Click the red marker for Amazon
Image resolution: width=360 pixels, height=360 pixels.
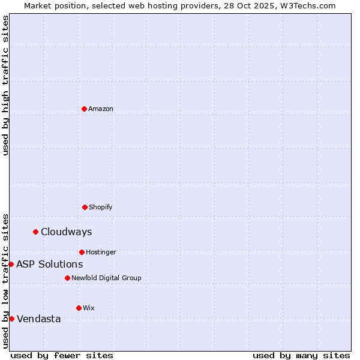[x=85, y=109]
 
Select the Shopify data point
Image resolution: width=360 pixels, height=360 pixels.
[x=85, y=207]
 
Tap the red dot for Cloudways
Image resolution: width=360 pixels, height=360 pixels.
[x=35, y=232]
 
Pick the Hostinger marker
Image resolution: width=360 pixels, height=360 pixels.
[x=82, y=252]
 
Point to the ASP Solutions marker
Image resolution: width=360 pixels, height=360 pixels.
[x=11, y=264]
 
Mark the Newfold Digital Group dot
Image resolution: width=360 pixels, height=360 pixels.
[x=67, y=278]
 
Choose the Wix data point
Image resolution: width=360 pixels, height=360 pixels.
[x=79, y=308]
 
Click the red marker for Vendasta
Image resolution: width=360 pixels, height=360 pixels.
[x=11, y=319]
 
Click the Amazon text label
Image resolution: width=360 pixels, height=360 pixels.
[x=101, y=109]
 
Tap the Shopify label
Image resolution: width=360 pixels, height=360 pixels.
[x=101, y=207]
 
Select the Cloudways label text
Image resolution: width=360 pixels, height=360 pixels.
[x=66, y=232]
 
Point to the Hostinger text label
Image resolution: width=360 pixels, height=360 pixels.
[x=101, y=252]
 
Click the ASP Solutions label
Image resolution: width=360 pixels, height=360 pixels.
[x=49, y=264]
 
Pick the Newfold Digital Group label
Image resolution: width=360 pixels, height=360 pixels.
[x=106, y=278]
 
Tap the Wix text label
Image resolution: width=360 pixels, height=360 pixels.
[x=89, y=308]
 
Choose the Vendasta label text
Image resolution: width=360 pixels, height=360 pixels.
[x=38, y=319]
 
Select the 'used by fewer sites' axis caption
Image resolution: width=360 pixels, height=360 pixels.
[x=62, y=355]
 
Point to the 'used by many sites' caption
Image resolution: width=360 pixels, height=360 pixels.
[x=301, y=355]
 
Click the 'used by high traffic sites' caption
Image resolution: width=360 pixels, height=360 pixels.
[x=5, y=85]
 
